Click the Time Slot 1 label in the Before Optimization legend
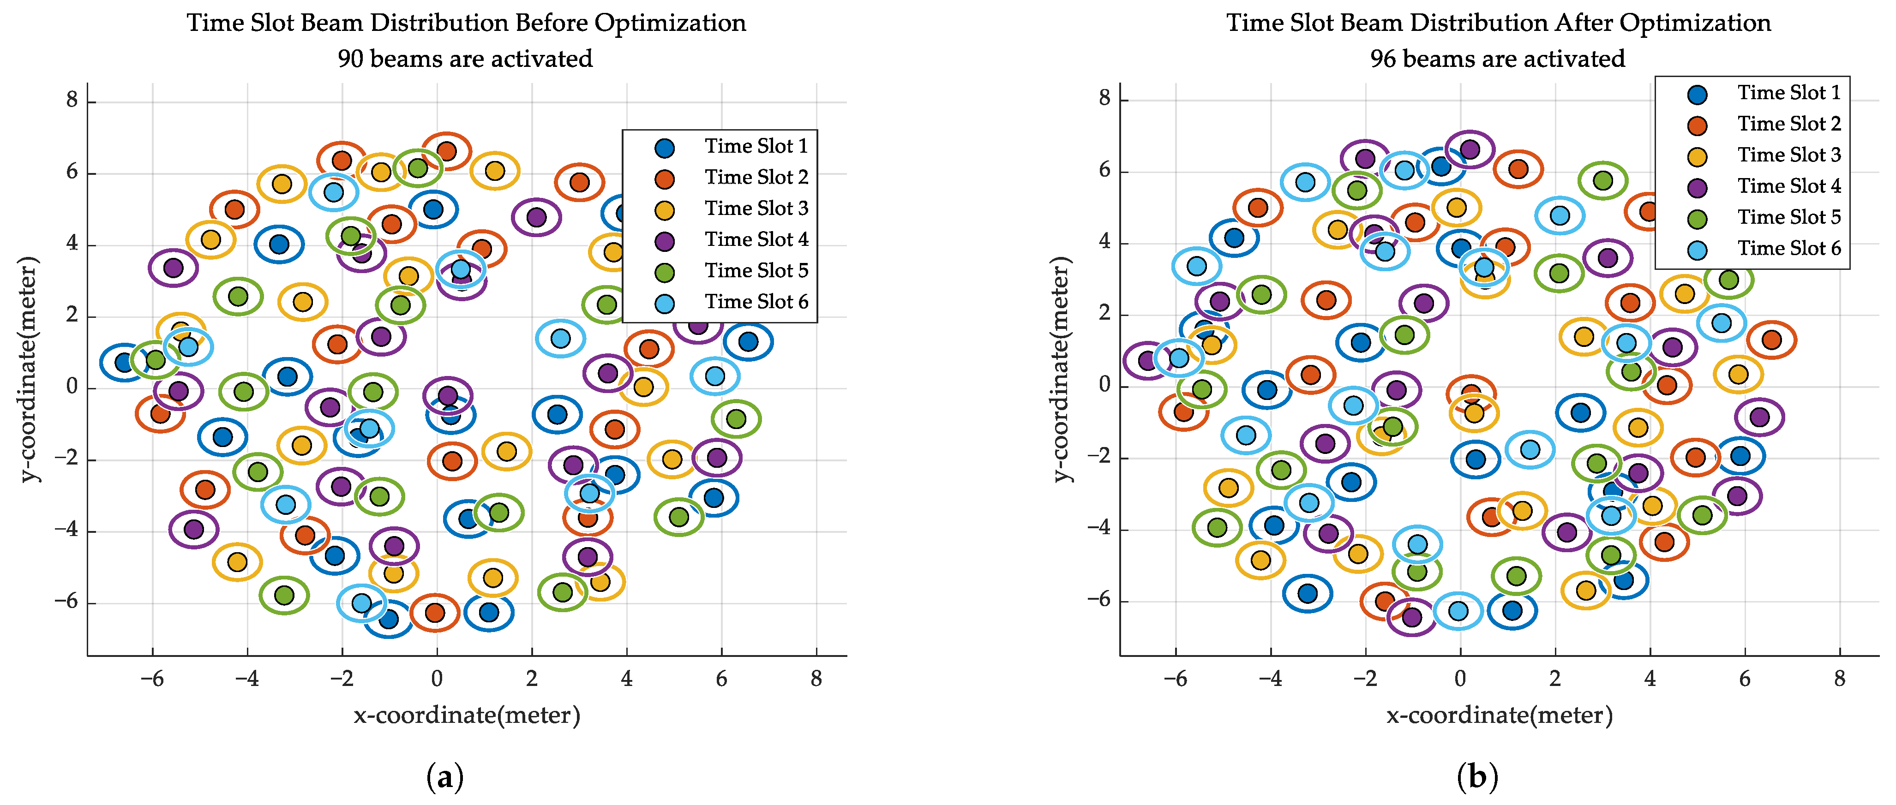pyautogui.click(x=756, y=146)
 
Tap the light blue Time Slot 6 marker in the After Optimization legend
pyautogui.click(x=1697, y=250)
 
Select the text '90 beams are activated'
pyautogui.click(x=465, y=59)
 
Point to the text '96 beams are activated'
pyautogui.click(x=1497, y=59)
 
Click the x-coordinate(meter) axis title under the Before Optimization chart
pyautogui.click(x=467, y=715)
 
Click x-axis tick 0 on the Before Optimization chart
pyautogui.click(x=437, y=679)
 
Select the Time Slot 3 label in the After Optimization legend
pyautogui.click(x=1788, y=155)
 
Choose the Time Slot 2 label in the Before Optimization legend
pyautogui.click(x=756, y=177)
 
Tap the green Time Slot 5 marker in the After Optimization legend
pyautogui.click(x=1697, y=219)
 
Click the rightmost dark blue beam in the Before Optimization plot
pyautogui.click(x=748, y=341)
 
